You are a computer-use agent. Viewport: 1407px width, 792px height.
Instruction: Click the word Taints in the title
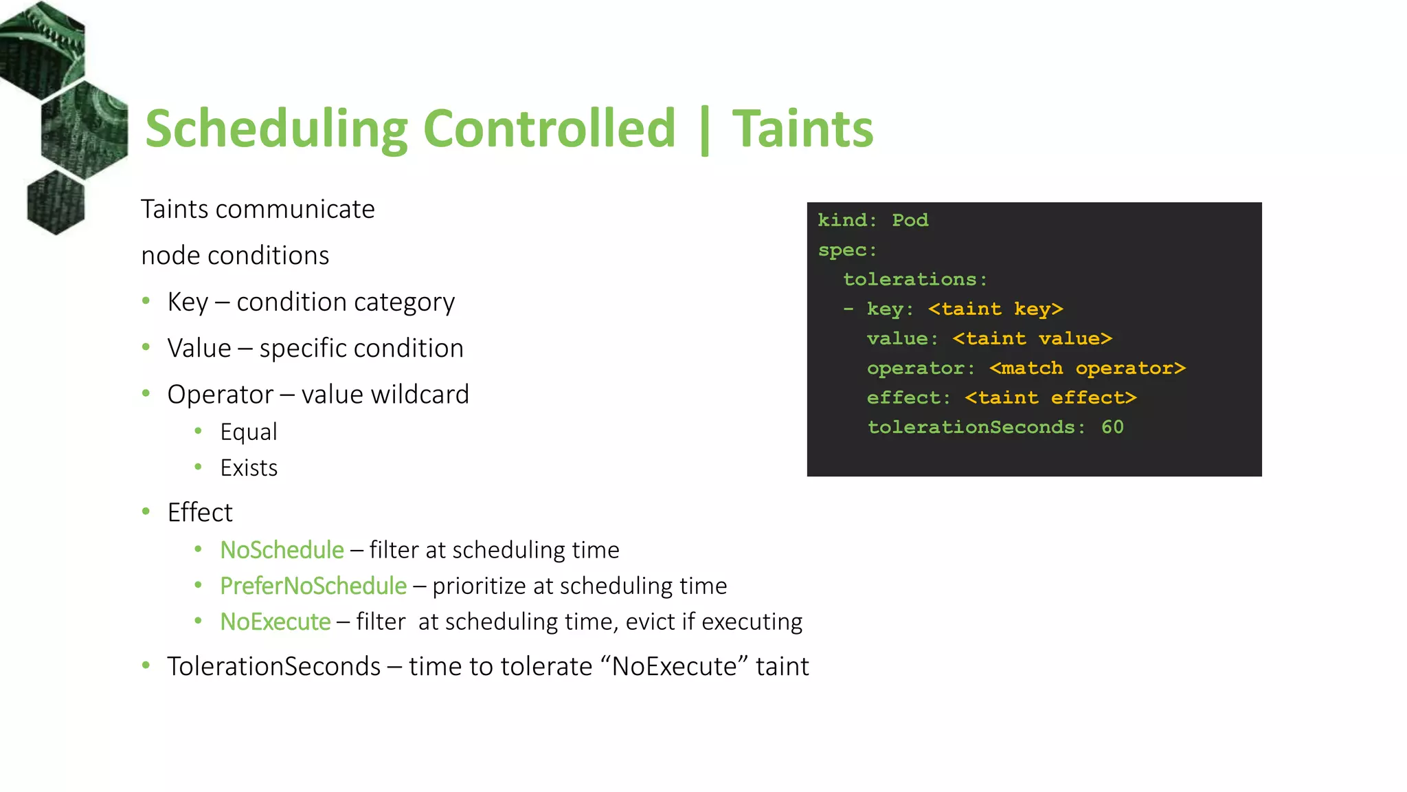coord(802,129)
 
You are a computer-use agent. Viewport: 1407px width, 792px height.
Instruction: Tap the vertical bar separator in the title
coord(704,131)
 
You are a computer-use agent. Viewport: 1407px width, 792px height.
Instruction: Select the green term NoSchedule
coord(282,550)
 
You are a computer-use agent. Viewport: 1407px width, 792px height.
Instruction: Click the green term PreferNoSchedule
coord(313,586)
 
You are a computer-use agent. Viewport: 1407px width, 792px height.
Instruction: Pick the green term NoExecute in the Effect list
coord(275,621)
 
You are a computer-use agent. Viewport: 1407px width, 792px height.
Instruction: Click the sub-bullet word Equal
coord(249,432)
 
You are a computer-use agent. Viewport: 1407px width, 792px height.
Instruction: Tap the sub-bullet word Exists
coord(249,468)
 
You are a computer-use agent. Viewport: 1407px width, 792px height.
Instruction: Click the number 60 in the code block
coord(1112,427)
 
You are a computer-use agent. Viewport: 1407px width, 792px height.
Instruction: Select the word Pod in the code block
coord(910,220)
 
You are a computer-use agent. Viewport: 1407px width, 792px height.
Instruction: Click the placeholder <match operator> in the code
coord(1087,368)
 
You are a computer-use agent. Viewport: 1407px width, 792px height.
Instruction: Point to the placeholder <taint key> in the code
coord(995,309)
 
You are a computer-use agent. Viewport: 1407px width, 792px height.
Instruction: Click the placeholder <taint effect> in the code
coord(1050,398)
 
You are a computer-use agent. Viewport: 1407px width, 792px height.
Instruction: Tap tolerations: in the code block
coord(915,279)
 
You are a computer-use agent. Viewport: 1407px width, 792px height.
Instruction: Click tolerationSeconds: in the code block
coord(976,427)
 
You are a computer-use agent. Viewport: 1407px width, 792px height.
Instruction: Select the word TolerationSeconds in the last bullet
coord(273,666)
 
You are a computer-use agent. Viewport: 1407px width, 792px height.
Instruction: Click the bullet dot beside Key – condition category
coord(146,301)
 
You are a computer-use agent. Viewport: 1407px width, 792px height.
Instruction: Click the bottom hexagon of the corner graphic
coord(56,202)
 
